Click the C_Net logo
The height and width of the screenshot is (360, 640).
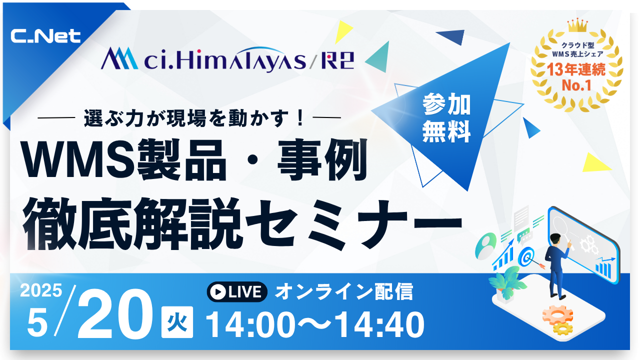(45, 36)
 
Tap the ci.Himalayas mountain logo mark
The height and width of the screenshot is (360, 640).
(119, 58)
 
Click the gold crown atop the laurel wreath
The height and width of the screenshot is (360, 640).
(577, 25)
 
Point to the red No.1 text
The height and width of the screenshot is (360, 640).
(576, 85)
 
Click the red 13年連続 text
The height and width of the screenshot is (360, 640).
(576, 69)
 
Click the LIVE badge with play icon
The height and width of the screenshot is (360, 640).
(237, 291)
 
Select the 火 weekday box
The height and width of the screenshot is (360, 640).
(177, 322)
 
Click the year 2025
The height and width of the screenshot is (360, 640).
(41, 290)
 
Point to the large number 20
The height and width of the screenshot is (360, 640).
(115, 314)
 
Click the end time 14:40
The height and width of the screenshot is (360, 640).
(379, 325)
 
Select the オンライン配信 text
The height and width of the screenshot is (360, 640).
(344, 291)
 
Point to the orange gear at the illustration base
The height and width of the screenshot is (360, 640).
(557, 315)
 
